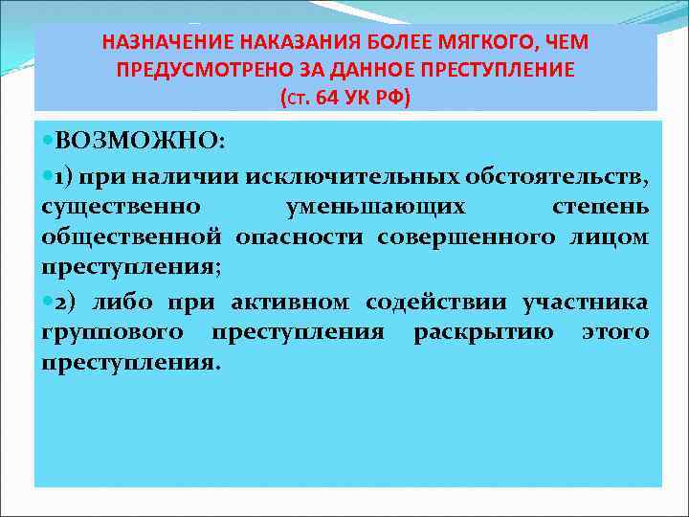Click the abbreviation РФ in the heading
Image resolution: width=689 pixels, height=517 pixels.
tap(391, 97)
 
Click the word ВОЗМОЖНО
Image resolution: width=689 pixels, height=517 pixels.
tap(140, 142)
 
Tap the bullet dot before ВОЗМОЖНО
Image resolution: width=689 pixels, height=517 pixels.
tap(48, 142)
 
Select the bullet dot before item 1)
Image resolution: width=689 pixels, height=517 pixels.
tap(48, 175)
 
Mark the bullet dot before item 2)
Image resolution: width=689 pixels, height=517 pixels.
tap(48, 303)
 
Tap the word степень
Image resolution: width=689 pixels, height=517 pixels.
tap(600, 206)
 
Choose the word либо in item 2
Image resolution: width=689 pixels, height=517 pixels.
tap(123, 303)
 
